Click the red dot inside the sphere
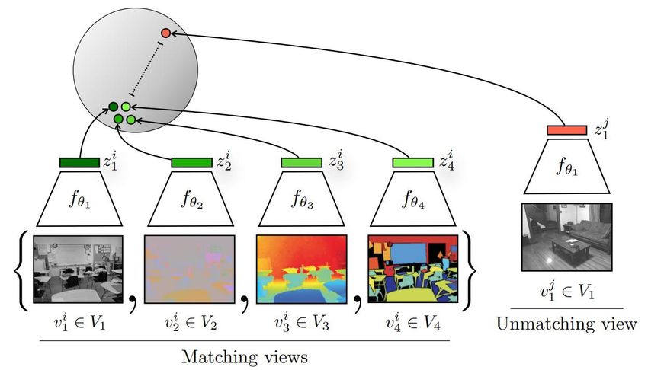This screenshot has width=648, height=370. point(165,33)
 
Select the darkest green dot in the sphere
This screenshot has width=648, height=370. point(114,107)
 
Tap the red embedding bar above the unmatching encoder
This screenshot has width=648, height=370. point(566,130)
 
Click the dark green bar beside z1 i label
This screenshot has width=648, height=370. point(79,162)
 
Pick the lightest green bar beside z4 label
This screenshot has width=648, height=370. point(413,162)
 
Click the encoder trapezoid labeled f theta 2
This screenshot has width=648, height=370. point(191,199)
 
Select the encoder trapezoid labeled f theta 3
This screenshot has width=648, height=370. point(302,199)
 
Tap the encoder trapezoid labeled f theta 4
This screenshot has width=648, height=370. point(413,199)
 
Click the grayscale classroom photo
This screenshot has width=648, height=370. point(78,270)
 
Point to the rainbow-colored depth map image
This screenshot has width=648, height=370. point(302,270)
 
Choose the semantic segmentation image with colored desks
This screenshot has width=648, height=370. point(413,270)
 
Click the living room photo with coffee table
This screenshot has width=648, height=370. point(567,238)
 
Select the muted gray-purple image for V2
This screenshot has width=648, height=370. point(190,270)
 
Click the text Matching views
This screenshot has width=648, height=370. point(245,357)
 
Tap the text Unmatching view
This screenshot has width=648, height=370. point(566,324)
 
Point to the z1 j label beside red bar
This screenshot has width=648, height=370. point(601,129)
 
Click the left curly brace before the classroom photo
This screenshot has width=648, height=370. point(21,271)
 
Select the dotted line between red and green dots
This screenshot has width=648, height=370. point(146,69)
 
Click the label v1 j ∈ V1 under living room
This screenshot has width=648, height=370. point(567,291)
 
